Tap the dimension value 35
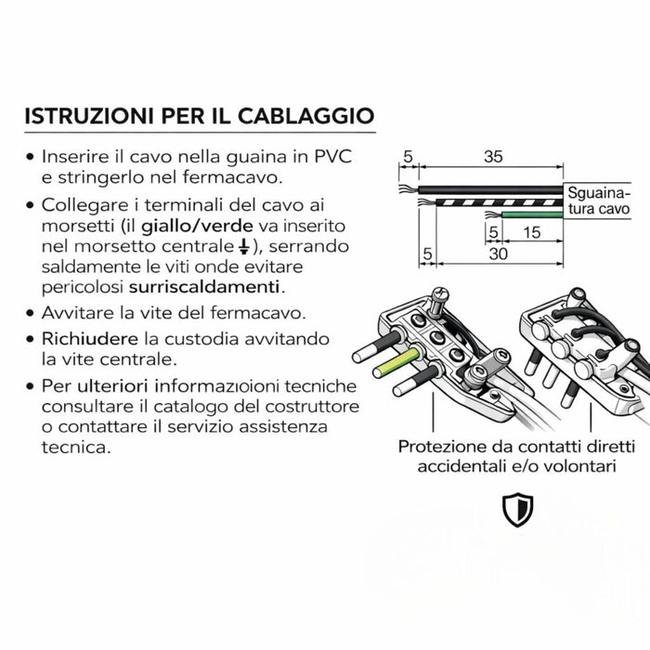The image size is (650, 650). coord(493,158)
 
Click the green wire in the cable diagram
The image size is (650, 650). coord(525,215)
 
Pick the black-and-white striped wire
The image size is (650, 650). coord(492,201)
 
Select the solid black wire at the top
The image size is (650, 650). coord(492,188)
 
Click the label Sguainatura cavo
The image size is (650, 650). coord(598,201)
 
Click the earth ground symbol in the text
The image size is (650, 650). coord(243,246)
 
